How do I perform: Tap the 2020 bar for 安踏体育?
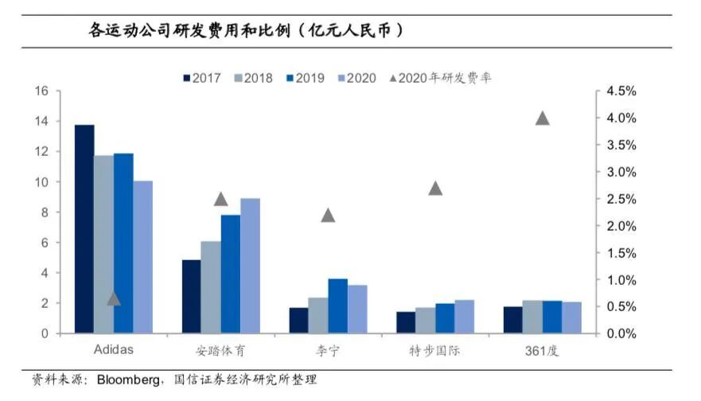pyautogui.click(x=250, y=266)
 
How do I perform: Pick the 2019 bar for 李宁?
pyautogui.click(x=315, y=306)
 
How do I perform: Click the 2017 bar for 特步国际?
pyautogui.click(x=406, y=322)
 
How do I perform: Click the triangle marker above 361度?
pyautogui.click(x=543, y=119)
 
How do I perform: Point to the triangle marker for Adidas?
pyautogui.click(x=114, y=298)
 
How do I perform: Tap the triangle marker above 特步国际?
pyautogui.click(x=435, y=189)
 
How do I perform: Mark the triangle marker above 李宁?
pyautogui.click(x=328, y=215)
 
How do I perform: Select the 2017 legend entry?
pyautogui.click(x=201, y=78)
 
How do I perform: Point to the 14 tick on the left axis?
pyautogui.click(x=42, y=122)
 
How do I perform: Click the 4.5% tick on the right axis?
pyautogui.click(x=621, y=91)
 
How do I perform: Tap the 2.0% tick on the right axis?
pyautogui.click(x=621, y=226)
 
